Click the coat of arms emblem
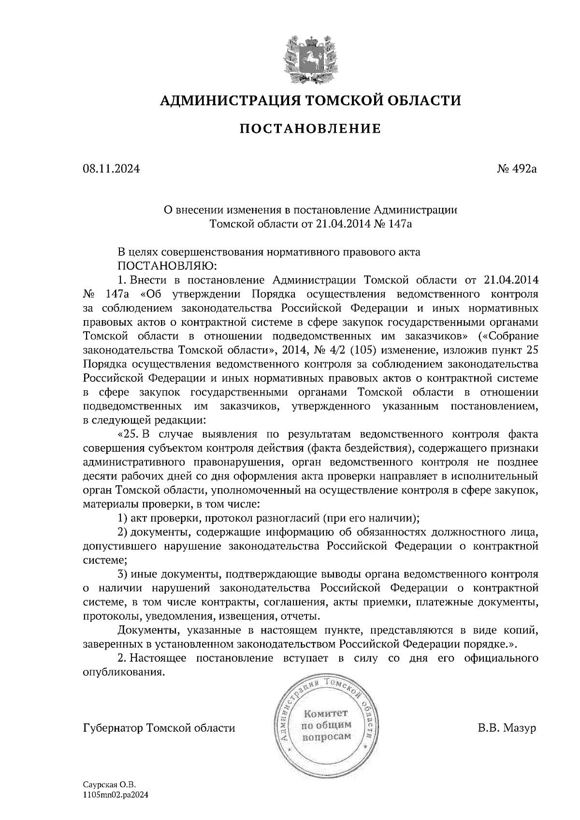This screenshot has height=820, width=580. [309, 58]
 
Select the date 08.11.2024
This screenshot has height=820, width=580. [111, 169]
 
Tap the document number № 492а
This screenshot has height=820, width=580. [517, 169]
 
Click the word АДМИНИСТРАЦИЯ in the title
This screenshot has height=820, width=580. [225, 100]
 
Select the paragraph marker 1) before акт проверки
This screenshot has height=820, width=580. [123, 518]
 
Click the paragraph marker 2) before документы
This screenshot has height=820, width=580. [123, 532]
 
